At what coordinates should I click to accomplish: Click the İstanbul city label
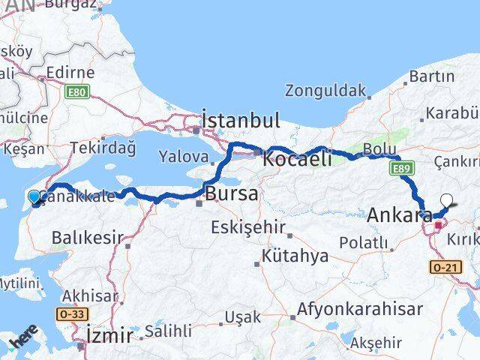point(241,120)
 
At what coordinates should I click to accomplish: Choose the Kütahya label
point(295,256)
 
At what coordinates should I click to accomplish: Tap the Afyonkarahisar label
point(358,288)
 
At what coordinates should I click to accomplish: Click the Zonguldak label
point(325,91)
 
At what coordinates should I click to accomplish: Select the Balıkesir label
point(87,238)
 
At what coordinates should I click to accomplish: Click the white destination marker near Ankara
point(447,200)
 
